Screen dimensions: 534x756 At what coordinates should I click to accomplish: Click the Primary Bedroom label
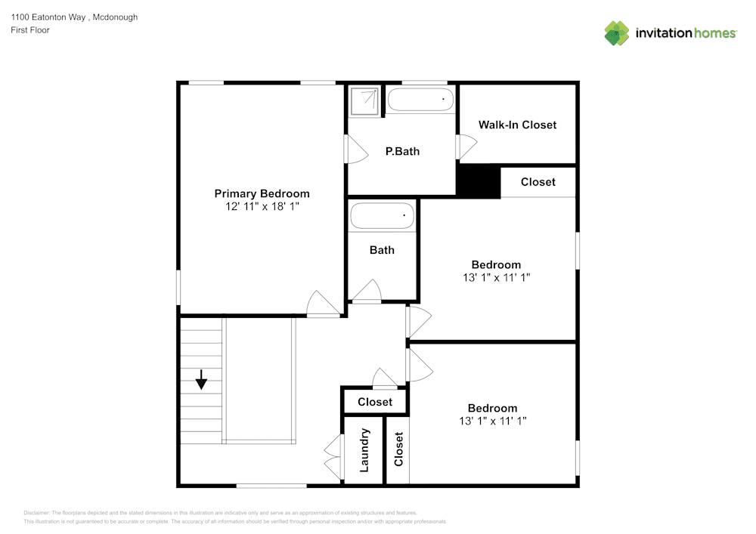click(x=262, y=193)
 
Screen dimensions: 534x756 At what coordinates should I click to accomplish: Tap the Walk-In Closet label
click(x=517, y=125)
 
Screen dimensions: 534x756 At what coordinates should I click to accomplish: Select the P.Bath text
click(x=402, y=151)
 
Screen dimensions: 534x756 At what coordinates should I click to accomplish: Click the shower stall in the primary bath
click(x=365, y=100)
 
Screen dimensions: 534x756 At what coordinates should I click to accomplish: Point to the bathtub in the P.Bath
click(x=420, y=100)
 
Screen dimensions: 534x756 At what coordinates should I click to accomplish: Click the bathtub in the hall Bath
click(x=383, y=217)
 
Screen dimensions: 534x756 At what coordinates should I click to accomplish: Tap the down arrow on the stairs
click(x=201, y=379)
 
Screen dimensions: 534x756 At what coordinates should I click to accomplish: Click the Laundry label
click(x=364, y=450)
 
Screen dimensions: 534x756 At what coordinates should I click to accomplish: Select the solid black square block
click(x=478, y=181)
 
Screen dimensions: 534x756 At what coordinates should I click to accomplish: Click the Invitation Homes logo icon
click(x=617, y=33)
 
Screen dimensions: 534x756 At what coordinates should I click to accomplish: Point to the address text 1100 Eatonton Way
click(x=74, y=17)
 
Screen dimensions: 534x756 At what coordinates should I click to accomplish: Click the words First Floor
click(x=30, y=30)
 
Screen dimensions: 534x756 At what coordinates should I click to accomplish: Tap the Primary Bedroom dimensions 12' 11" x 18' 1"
click(x=262, y=206)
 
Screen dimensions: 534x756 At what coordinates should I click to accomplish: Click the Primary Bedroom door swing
click(x=324, y=304)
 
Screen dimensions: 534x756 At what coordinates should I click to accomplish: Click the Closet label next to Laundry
click(x=398, y=450)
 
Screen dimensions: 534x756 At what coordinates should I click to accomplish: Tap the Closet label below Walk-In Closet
click(x=538, y=182)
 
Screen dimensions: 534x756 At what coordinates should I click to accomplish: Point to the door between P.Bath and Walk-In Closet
click(x=466, y=147)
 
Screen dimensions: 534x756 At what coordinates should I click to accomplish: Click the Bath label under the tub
click(x=382, y=250)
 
